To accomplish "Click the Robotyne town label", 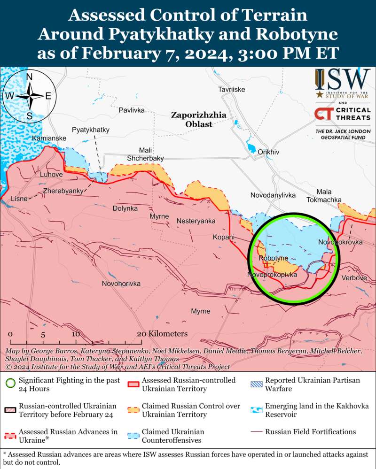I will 273,259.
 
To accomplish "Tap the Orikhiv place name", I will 268,152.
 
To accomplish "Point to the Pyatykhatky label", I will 91,130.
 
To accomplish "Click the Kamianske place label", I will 49,138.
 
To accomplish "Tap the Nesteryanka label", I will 196,221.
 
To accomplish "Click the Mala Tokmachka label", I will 324,196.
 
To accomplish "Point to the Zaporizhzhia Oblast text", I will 198,120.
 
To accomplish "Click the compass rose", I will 29,96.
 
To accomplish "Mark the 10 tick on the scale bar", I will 75,334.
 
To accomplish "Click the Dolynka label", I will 125,208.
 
